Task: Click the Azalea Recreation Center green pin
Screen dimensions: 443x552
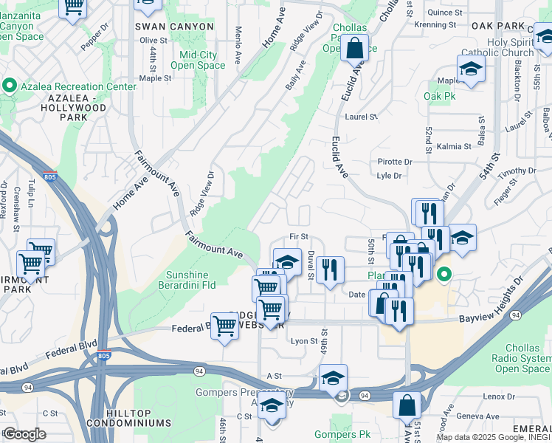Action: coord(10,86)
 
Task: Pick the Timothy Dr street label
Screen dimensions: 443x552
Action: coord(516,172)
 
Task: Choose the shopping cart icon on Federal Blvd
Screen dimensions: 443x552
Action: coord(224,325)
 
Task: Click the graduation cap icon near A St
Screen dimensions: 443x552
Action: coord(333,377)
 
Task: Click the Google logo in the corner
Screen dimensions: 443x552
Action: coord(24,434)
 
